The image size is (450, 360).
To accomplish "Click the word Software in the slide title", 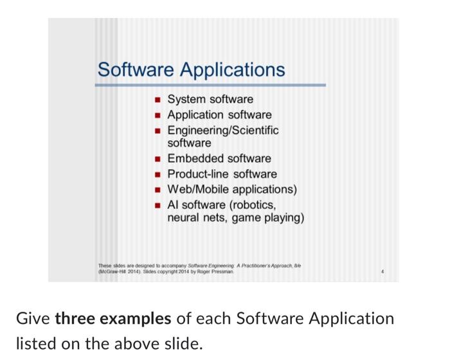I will coord(135,69).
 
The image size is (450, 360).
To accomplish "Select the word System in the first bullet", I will coord(186,100).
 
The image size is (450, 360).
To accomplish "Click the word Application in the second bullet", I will coord(197,115).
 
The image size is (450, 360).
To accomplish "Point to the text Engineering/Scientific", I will coord(223,130).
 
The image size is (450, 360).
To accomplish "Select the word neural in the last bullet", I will coord(184,219).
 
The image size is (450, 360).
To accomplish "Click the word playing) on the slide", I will coord(283,219).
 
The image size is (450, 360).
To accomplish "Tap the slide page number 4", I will coord(383,271).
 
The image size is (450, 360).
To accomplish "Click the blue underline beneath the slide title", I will coord(211,85).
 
